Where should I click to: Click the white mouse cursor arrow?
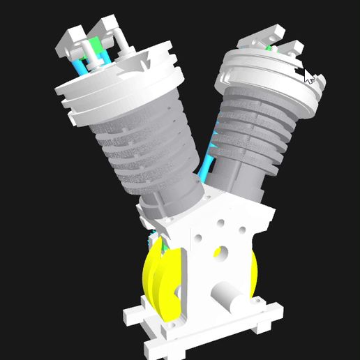click(309, 76)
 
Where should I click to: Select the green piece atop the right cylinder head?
click(269, 48)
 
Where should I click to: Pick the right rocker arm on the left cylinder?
click(112, 31)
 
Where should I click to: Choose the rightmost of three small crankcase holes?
click(241, 229)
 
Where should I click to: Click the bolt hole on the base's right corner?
click(266, 325)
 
